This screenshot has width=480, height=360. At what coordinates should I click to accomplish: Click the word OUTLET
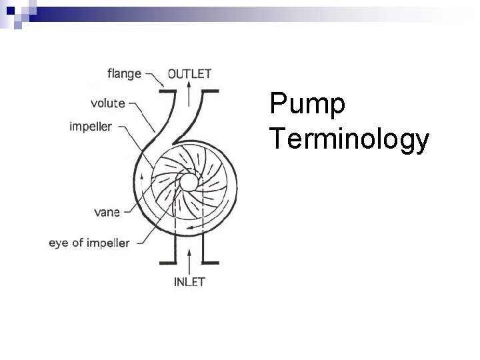tap(190, 73)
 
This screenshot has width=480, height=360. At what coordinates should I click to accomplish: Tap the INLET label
tap(189, 282)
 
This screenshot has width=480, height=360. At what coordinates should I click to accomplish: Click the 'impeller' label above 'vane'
tap(90, 127)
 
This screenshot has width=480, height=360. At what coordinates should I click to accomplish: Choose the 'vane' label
tap(107, 212)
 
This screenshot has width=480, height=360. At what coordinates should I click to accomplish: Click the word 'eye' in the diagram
tap(58, 243)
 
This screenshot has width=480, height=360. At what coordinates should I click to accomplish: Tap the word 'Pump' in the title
tap(307, 106)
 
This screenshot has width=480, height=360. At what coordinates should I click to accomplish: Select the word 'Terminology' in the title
tap(349, 141)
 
